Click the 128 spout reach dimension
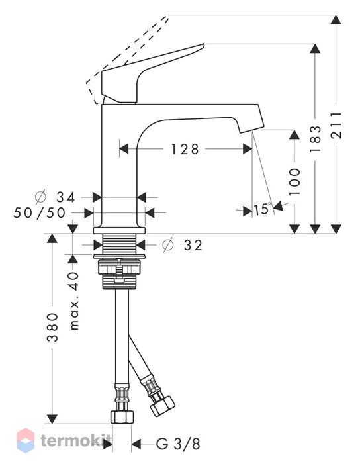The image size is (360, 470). tap(185, 149)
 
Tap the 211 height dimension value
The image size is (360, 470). tap(336, 124)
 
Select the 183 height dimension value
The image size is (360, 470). tap(315, 139)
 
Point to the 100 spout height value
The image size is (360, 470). tap(294, 181)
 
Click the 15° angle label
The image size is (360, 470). tap(263, 209)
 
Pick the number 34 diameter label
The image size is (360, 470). tap(66, 197)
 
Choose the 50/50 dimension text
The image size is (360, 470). tap(39, 212)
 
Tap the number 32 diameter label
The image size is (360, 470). tap(193, 245)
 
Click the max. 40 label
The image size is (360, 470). tap(73, 301)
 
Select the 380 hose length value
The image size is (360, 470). tap(52, 327)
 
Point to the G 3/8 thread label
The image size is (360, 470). tap(178, 444)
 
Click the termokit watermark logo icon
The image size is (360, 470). tap(26, 441)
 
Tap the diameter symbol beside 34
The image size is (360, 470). tap(40, 197)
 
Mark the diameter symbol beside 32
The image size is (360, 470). tap(168, 245)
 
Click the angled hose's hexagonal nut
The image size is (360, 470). tap(163, 406)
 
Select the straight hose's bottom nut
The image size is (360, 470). tap(122, 416)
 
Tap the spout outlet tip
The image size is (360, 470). tap(251, 128)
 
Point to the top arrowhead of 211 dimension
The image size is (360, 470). tap(336, 20)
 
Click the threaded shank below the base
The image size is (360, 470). tap(120, 244)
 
